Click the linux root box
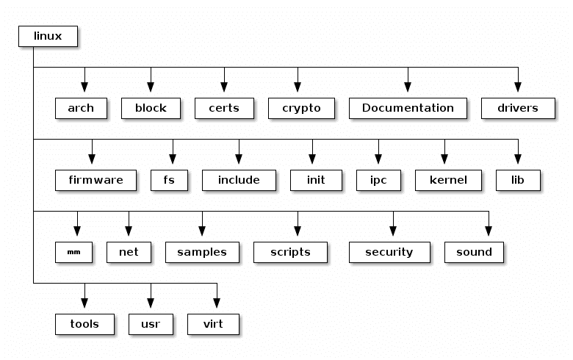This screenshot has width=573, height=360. [48, 36]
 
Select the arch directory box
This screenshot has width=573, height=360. [81, 108]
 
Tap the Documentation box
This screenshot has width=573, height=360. [408, 108]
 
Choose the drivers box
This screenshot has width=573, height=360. [518, 108]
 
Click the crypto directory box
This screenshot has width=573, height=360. [298, 108]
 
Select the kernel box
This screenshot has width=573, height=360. [448, 180]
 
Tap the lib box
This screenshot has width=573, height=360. [518, 180]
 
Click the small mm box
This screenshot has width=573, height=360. [73, 252]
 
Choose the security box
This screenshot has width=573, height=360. [389, 252]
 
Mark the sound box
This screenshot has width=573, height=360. [474, 252]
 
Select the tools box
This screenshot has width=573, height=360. [84, 324]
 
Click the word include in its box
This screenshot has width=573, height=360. [239, 180]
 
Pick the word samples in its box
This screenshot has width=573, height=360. [202, 252]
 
